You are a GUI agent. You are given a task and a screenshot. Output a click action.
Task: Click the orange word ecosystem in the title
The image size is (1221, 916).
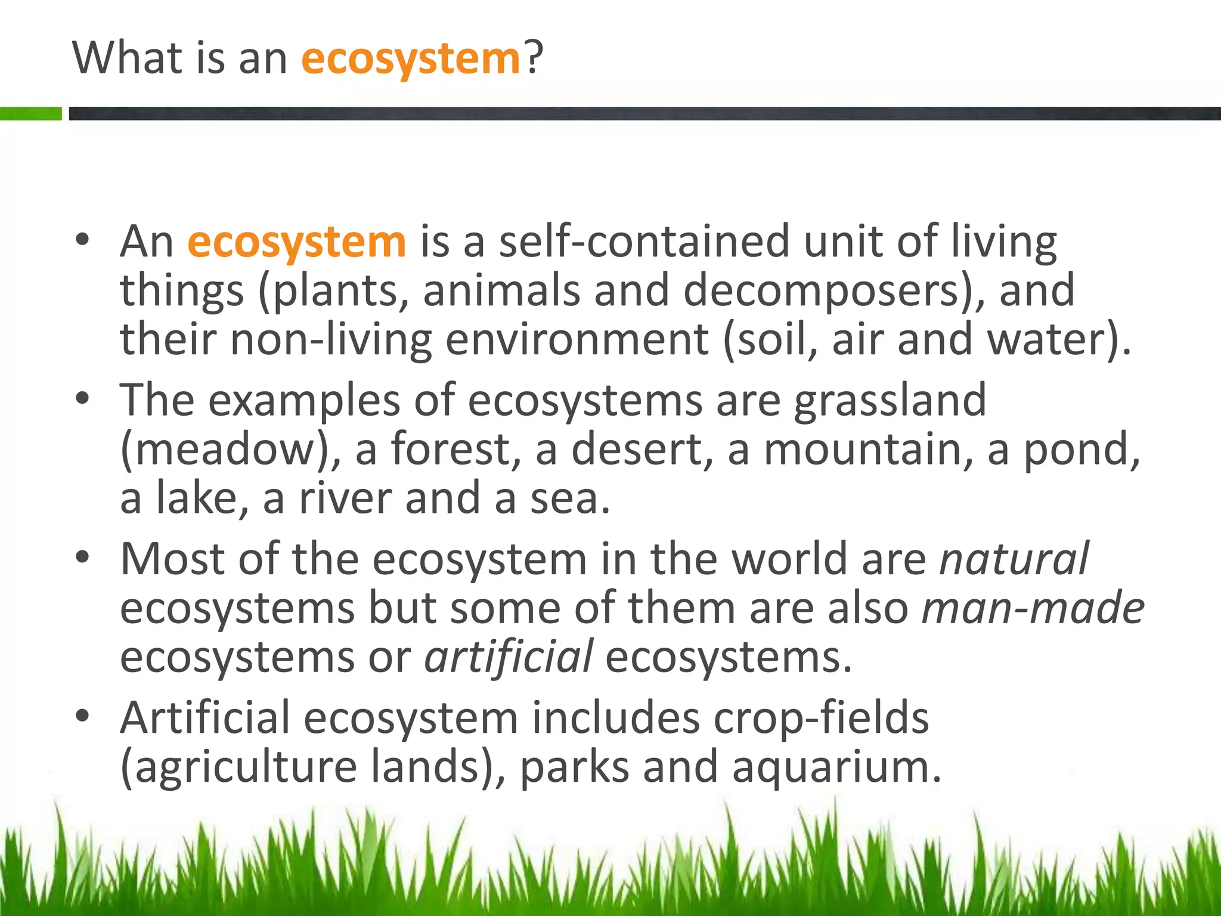(x=411, y=60)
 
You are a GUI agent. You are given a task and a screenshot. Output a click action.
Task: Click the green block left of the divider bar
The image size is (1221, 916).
(x=30, y=113)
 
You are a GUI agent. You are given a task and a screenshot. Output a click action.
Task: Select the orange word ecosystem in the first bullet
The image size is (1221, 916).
(x=296, y=242)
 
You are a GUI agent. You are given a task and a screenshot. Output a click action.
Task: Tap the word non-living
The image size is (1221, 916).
(x=331, y=340)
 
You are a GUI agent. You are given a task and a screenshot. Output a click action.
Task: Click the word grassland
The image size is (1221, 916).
(x=890, y=401)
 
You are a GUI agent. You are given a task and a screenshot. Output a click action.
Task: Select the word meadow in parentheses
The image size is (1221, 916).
(x=224, y=450)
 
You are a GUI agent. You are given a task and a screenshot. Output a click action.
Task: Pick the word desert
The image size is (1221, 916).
(x=641, y=450)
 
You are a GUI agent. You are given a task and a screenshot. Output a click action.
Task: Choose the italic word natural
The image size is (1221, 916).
(x=1014, y=559)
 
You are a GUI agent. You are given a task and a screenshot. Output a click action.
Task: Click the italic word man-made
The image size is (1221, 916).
(x=1033, y=608)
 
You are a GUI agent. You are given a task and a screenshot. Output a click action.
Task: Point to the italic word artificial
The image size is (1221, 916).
(x=509, y=657)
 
